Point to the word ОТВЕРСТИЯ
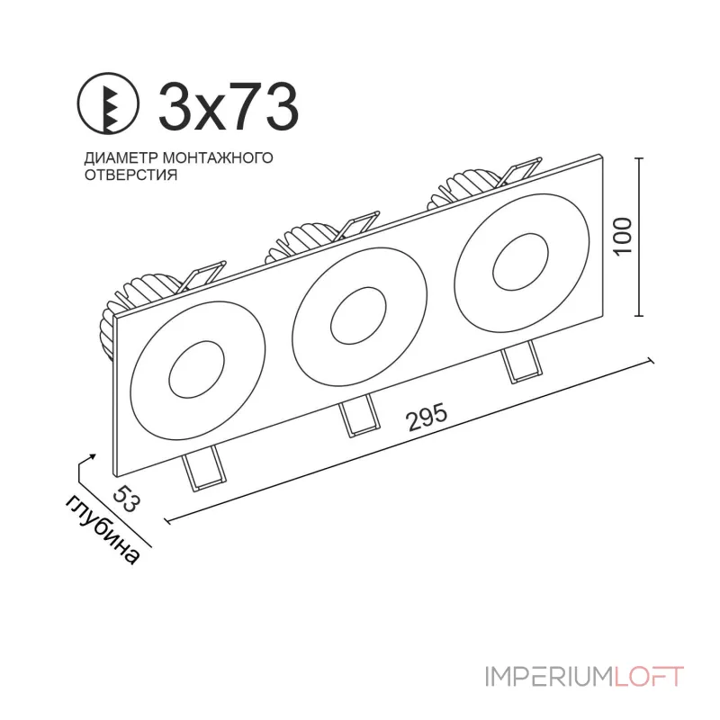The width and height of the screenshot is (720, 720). click(x=130, y=175)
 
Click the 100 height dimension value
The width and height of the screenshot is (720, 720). click(x=625, y=236)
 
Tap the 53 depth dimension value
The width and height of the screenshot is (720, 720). click(x=129, y=497)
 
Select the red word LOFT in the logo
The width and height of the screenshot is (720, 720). click(x=649, y=677)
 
